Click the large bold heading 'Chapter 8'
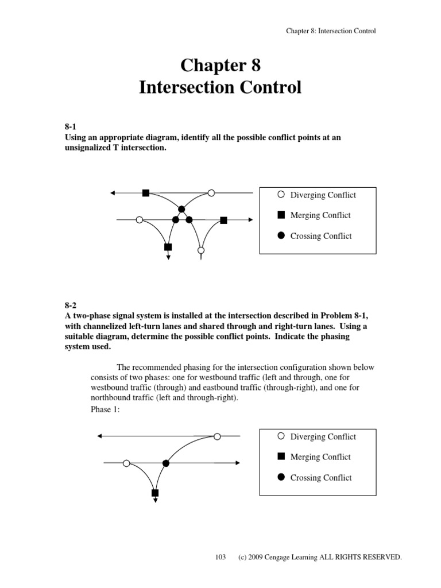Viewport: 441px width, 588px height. pyautogui.click(x=220, y=65)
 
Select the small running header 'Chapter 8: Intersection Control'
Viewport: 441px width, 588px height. pyautogui.click(x=331, y=31)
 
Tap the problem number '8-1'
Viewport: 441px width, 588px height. pyautogui.click(x=69, y=127)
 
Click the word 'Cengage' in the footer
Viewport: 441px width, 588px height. pyautogui.click(x=278, y=558)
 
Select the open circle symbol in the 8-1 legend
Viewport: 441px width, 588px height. pyautogui.click(x=281, y=195)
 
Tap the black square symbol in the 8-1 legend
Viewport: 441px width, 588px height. pyautogui.click(x=281, y=215)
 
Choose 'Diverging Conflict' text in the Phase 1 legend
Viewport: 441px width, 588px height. pyautogui.click(x=323, y=437)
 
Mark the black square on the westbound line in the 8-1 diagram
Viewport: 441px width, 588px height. pyautogui.click(x=146, y=193)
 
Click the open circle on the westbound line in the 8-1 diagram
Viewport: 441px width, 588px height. pyautogui.click(x=211, y=193)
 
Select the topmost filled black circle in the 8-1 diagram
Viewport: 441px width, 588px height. pyautogui.click(x=181, y=209)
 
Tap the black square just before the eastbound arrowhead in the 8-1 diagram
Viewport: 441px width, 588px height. pyautogui.click(x=224, y=220)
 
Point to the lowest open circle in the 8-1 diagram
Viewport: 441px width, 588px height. pyautogui.click(x=201, y=250)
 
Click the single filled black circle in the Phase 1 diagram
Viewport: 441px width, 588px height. pyautogui.click(x=166, y=463)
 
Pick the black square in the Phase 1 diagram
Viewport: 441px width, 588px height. pyautogui.click(x=155, y=493)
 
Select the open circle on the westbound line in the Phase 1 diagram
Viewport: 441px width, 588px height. pyautogui.click(x=217, y=436)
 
